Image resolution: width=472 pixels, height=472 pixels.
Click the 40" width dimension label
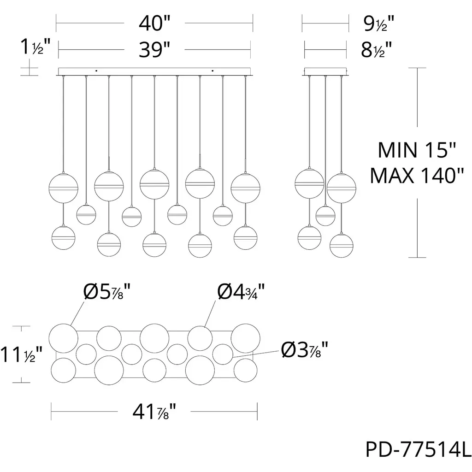(154, 23)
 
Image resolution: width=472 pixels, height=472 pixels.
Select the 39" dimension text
(154, 50)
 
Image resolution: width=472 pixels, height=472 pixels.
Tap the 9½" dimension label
(379, 24)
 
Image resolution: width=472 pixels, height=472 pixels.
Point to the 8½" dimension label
(376, 50)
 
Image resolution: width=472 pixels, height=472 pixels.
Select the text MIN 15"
(417, 150)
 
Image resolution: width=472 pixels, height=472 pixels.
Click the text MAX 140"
(417, 176)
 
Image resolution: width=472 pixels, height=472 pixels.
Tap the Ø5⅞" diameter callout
(107, 292)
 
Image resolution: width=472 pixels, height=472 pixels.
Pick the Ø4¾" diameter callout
(241, 291)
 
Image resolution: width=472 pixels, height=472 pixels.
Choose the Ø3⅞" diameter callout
(305, 350)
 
